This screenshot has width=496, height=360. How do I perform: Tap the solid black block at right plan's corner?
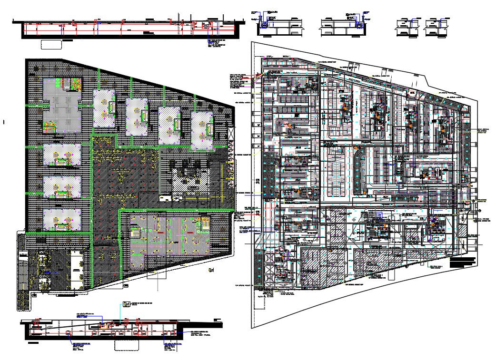pos(463,263)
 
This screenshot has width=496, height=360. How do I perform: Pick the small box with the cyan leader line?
pos(126,304)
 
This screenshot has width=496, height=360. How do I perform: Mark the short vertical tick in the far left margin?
pos(4,122)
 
